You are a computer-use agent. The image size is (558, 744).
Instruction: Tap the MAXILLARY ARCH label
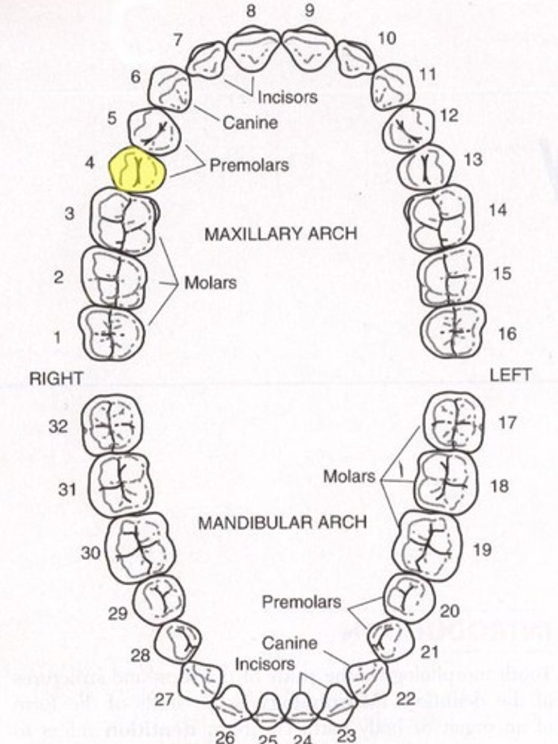(281, 234)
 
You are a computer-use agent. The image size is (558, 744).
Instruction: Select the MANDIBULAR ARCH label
(282, 522)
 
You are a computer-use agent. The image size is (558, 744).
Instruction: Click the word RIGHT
(56, 379)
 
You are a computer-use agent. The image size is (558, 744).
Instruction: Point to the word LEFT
(510, 375)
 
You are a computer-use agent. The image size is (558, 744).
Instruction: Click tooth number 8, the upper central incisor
(253, 51)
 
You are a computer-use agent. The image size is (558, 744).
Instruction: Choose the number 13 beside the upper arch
(472, 160)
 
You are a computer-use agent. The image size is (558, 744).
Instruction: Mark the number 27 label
(164, 699)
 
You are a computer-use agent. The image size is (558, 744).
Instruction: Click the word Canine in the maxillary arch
(250, 122)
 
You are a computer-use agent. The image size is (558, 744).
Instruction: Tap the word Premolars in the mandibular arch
(301, 601)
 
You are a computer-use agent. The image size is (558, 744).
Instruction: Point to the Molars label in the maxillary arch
(211, 283)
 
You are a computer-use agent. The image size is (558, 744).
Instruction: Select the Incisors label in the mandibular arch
(265, 664)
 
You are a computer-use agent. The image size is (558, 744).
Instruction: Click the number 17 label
(507, 423)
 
